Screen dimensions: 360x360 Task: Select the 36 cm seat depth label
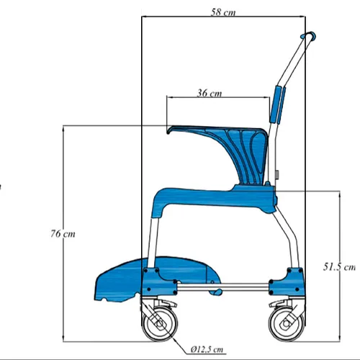[209, 92]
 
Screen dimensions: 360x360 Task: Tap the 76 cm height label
[63, 234]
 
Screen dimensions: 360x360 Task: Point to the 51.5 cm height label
[338, 266]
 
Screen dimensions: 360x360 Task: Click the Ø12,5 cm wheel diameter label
[209, 351]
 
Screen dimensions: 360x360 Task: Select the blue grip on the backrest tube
[277, 104]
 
